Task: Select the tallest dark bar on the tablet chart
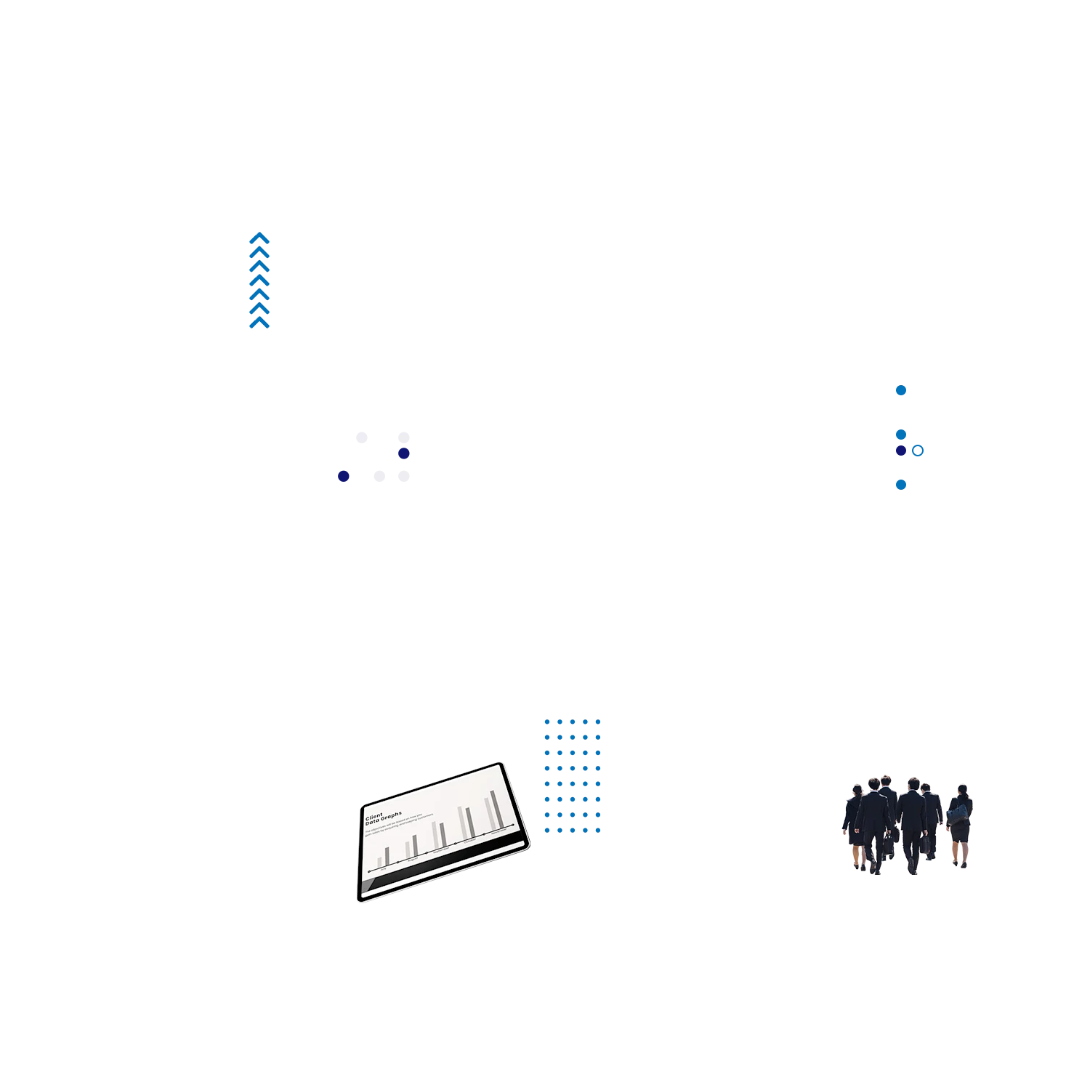coord(496,809)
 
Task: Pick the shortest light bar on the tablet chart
coord(379,863)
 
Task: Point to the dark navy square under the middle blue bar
coord(902,450)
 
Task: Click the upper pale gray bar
coord(382,437)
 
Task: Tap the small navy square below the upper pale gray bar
coord(403,455)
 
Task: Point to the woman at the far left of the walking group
coord(856,825)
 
